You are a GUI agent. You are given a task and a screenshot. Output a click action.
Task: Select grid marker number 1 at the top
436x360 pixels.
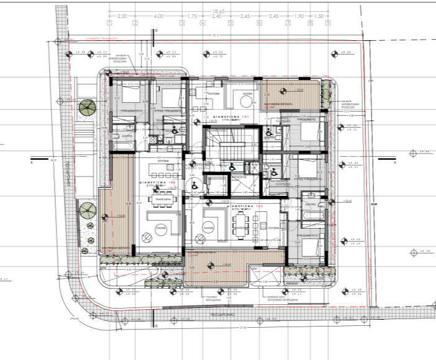(x=109, y=24)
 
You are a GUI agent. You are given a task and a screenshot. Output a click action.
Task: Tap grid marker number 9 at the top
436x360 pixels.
(x=327, y=24)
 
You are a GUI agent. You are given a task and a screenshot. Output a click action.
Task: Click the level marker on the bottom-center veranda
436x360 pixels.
(x=211, y=266)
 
